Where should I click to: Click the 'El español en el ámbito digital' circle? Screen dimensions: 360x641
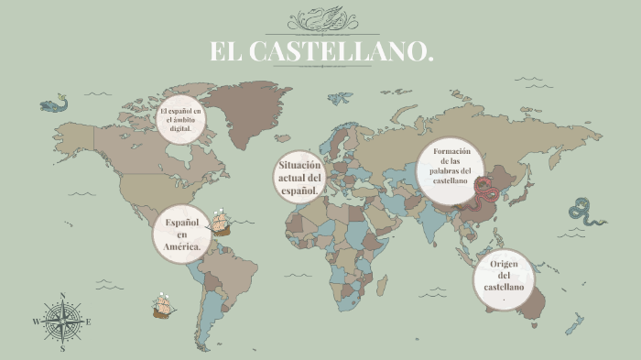(x=181, y=119)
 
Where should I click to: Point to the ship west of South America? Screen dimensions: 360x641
(x=163, y=305)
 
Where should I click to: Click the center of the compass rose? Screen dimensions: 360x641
(x=62, y=322)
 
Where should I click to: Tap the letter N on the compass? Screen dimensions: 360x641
(x=62, y=296)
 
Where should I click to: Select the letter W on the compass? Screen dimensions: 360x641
(x=37, y=322)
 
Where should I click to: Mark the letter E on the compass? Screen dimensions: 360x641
(x=88, y=322)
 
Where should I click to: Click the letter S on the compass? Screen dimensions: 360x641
(x=62, y=348)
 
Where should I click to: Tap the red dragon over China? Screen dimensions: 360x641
(x=485, y=190)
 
